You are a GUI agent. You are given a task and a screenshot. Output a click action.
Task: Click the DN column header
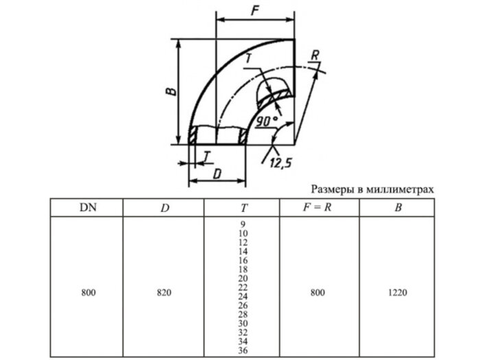86,206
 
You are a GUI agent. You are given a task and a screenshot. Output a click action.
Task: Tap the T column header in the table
241,207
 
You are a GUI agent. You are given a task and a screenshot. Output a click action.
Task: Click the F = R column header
317,206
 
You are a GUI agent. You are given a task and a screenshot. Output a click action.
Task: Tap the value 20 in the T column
242,278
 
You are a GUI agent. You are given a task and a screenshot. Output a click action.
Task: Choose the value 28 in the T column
242,313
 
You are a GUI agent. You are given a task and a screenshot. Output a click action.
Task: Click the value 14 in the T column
242,252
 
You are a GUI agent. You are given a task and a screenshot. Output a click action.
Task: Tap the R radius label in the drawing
314,55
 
